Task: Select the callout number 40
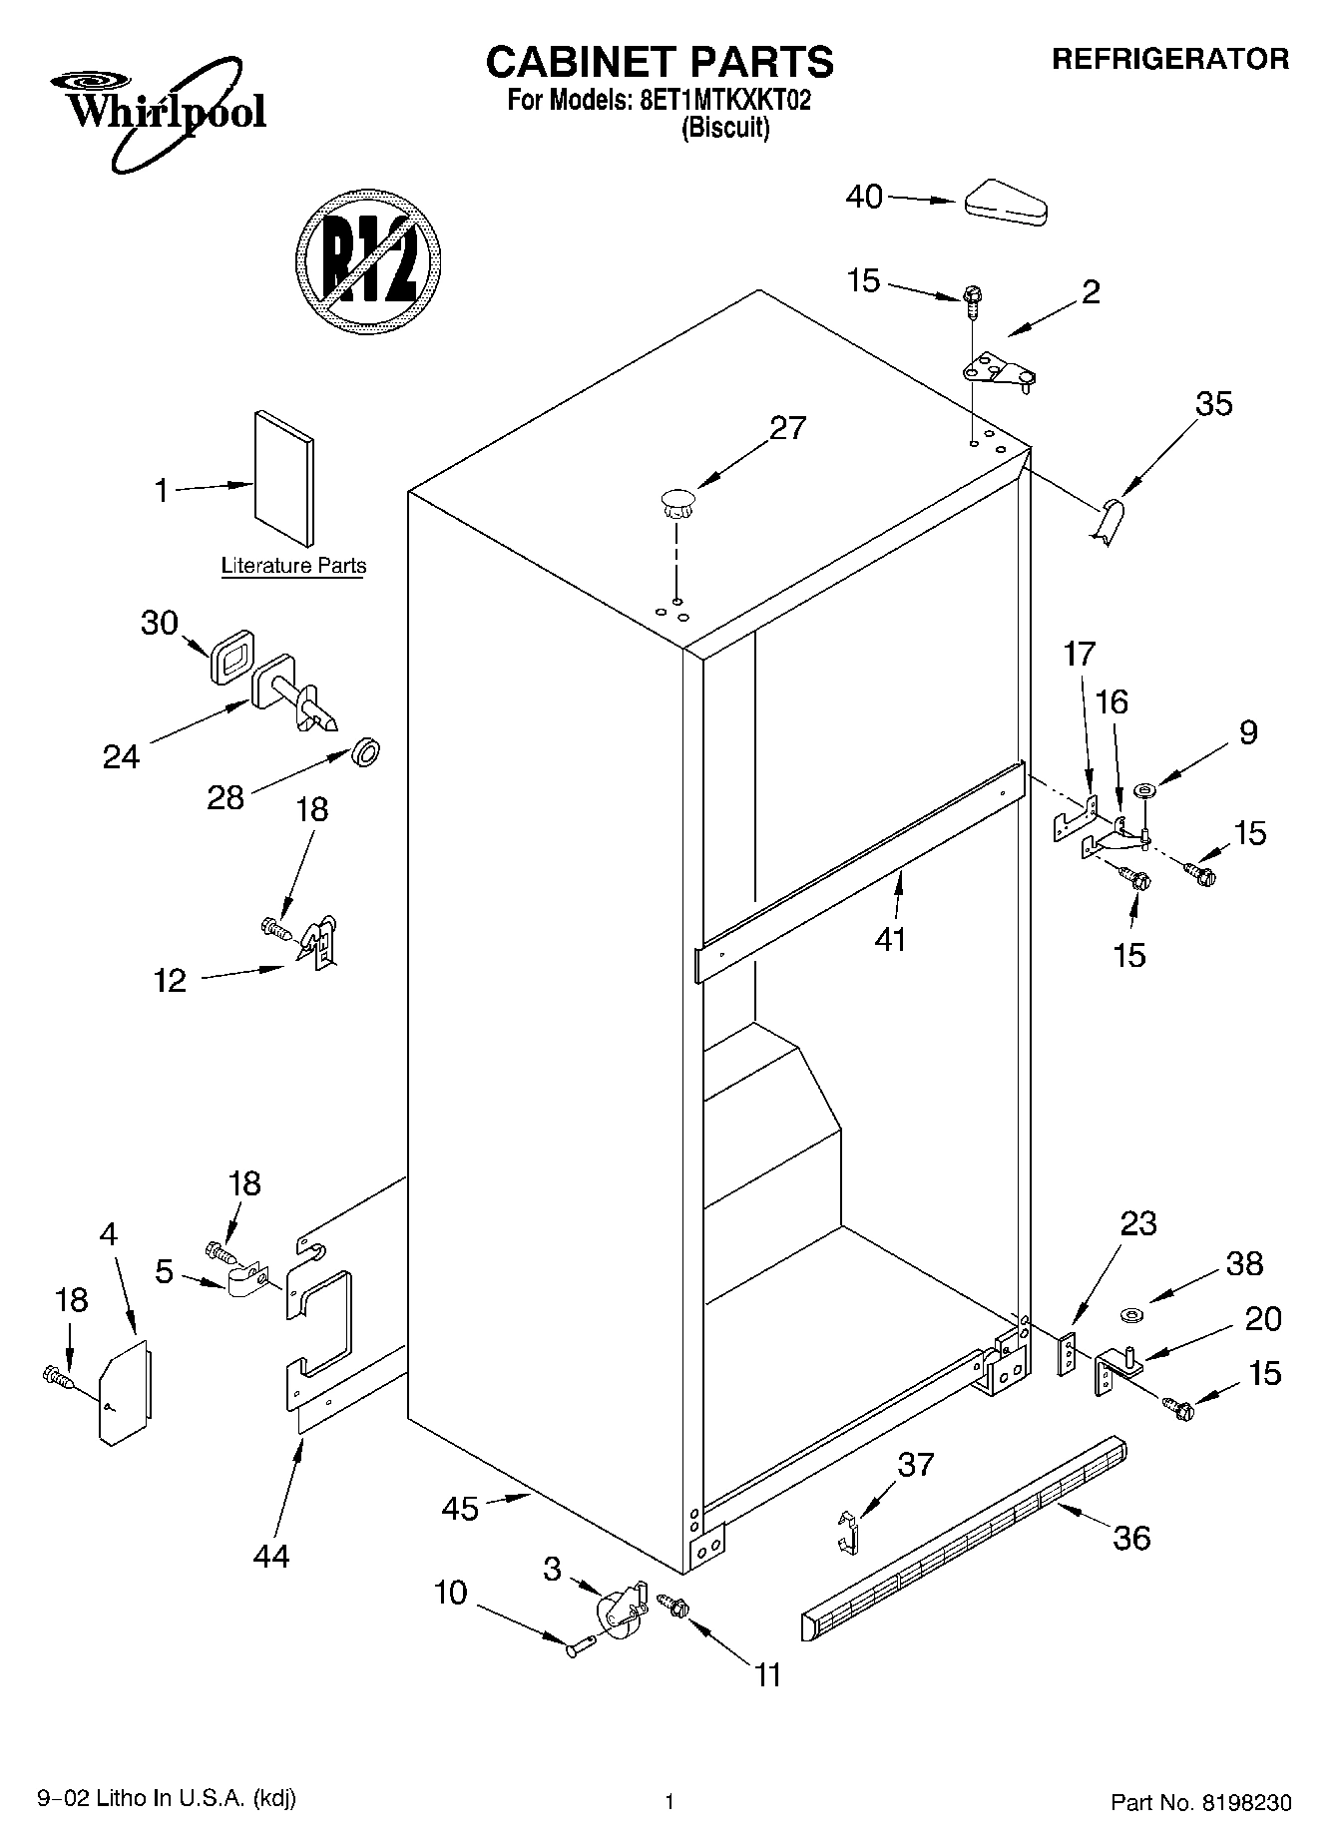(x=864, y=197)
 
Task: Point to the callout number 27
(x=787, y=428)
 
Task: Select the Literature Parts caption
(x=293, y=566)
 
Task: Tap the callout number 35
(x=1213, y=404)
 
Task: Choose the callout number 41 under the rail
(x=890, y=939)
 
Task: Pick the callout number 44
(x=270, y=1556)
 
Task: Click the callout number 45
(x=460, y=1509)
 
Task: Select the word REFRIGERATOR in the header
(x=1170, y=59)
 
